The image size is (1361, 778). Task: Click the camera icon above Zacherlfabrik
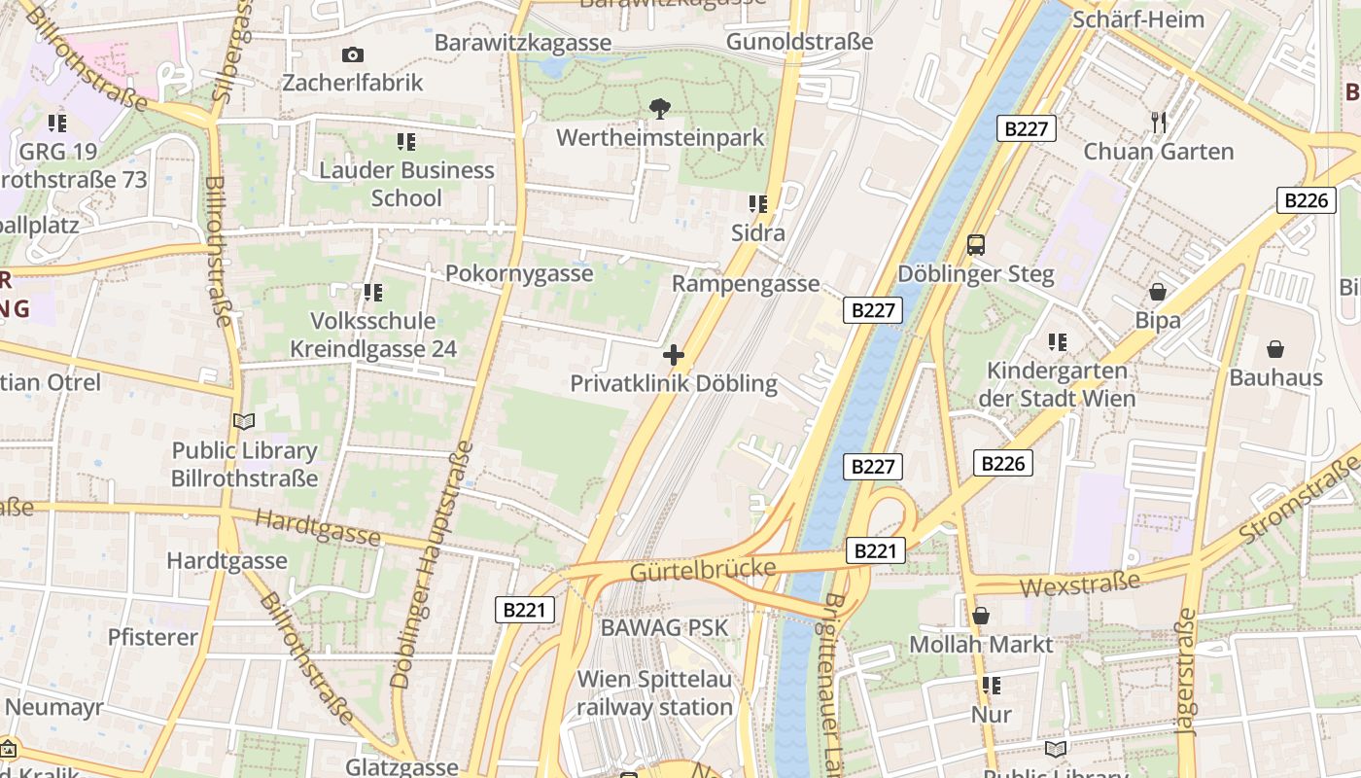click(352, 55)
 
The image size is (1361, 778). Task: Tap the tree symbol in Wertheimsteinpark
click(660, 108)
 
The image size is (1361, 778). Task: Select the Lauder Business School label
click(406, 184)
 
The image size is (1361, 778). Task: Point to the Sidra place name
click(758, 233)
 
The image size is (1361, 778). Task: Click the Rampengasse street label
click(746, 284)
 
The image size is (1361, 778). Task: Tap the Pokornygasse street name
click(519, 273)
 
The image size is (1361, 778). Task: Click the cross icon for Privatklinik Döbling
click(673, 355)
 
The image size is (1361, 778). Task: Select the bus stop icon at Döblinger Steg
click(976, 245)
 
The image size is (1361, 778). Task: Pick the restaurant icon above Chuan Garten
click(1158, 123)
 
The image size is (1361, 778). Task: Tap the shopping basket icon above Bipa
click(1158, 292)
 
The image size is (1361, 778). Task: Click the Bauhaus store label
click(1275, 377)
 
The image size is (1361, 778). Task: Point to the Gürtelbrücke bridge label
click(703, 569)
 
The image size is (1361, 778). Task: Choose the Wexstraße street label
click(1081, 584)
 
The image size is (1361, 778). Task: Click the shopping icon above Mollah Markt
click(981, 616)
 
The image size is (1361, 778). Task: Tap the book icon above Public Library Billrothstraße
click(244, 421)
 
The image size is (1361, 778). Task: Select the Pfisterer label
click(153, 638)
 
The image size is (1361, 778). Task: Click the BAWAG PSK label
click(664, 627)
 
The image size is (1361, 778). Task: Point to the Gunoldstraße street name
click(799, 42)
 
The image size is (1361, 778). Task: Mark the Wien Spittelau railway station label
click(655, 693)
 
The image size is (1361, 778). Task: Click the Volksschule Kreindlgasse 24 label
click(372, 335)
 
